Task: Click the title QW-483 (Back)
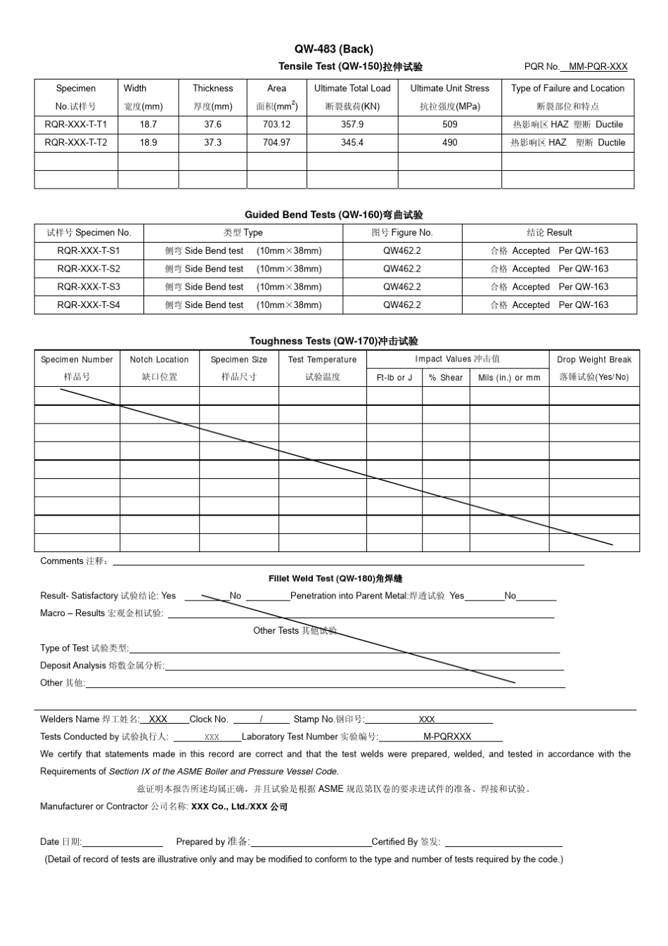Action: point(333,49)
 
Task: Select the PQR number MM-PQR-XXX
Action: point(598,67)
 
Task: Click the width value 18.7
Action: point(148,124)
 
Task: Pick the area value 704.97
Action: point(276,143)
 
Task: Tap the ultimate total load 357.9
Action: point(352,124)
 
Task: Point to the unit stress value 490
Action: point(450,143)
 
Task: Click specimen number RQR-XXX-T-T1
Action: point(76,124)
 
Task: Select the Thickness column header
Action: point(212,89)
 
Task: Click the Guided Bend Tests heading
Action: point(333,215)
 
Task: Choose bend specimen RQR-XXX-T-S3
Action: point(89,287)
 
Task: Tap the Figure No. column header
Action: point(402,233)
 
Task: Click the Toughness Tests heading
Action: point(333,341)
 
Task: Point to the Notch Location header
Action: point(159,359)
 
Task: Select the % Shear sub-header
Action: point(446,378)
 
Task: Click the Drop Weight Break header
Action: point(594,359)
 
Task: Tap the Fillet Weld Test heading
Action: point(335,579)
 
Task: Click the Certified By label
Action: point(406,842)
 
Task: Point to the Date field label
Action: point(60,842)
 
